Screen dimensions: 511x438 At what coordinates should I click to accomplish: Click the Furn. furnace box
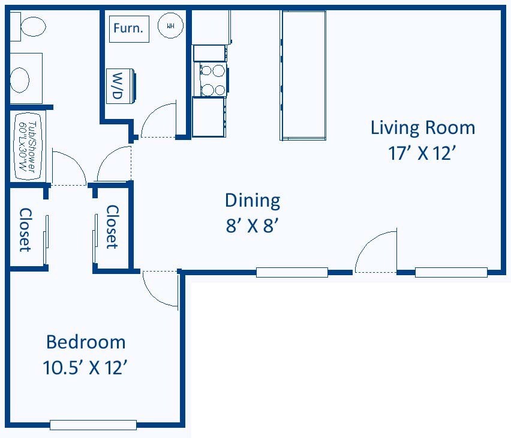129,29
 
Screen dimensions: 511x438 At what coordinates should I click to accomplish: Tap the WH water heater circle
170,25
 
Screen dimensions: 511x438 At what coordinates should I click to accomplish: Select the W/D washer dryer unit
120,86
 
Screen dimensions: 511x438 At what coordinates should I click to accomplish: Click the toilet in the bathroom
28,26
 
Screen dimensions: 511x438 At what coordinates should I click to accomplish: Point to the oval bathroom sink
20,80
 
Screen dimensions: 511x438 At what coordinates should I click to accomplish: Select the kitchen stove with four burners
210,80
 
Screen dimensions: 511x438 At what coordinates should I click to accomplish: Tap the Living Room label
423,128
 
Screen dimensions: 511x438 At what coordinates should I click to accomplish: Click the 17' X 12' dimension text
422,153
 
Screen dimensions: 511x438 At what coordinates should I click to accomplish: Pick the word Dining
253,201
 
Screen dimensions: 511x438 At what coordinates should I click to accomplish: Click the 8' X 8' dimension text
253,225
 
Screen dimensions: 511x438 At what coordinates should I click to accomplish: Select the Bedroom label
86,342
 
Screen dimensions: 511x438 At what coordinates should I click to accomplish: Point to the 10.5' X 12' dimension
85,367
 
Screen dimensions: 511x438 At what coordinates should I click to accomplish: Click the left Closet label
25,230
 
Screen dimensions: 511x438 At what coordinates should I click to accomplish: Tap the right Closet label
112,227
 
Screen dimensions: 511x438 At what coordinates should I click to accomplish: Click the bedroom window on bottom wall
93,425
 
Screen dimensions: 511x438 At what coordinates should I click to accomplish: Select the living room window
451,273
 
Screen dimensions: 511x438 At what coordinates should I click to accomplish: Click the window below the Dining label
292,273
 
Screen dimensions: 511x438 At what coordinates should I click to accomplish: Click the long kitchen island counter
303,75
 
